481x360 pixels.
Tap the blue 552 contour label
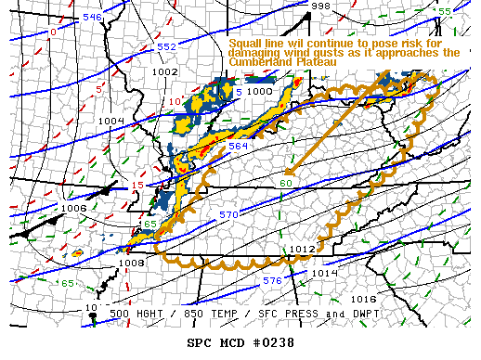tap(166, 46)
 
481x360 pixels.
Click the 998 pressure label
tap(320, 6)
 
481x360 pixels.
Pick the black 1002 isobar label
tap(164, 71)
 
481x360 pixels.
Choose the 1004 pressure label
tap(110, 121)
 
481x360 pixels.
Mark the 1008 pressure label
tap(132, 264)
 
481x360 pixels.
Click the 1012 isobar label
tap(302, 249)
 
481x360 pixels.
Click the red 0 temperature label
tap(53, 32)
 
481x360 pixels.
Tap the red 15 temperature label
tap(136, 186)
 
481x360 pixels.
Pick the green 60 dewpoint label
tap(286, 183)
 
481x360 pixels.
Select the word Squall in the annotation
tap(248, 43)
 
